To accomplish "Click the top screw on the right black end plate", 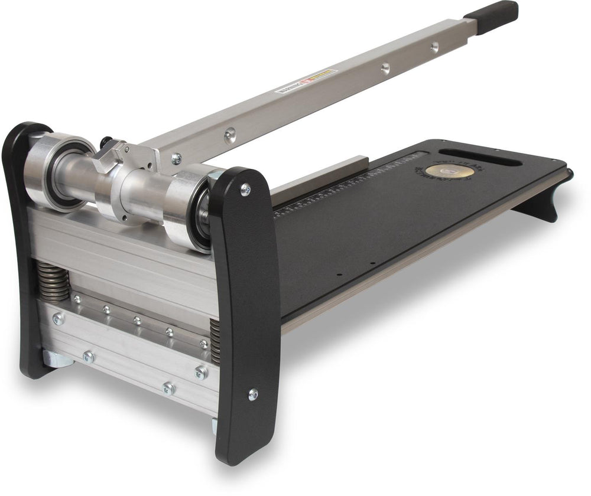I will click(245, 190).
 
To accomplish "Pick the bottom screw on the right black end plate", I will click(253, 394).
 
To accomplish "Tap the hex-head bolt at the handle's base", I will click(176, 158).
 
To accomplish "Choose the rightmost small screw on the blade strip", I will click(203, 343).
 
